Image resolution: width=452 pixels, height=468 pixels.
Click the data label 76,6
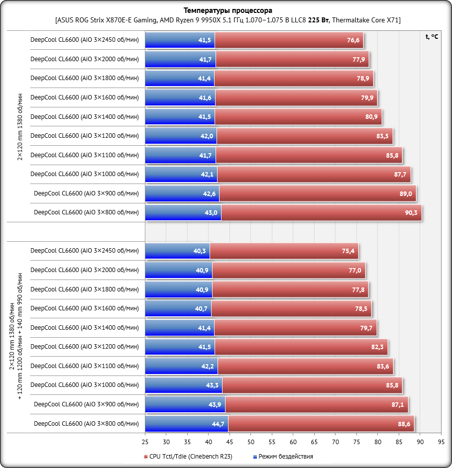pos(353,40)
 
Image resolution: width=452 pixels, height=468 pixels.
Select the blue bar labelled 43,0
pos(183,212)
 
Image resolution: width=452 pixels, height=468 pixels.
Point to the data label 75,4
pos(348,251)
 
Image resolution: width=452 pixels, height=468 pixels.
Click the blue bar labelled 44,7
pos(187,423)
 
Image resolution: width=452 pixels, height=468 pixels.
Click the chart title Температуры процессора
pos(228,10)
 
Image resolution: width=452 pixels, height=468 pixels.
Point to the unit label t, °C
pos(432,36)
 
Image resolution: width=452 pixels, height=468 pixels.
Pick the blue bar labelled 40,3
pos(177,251)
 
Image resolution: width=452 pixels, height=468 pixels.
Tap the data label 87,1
pos(398,404)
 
